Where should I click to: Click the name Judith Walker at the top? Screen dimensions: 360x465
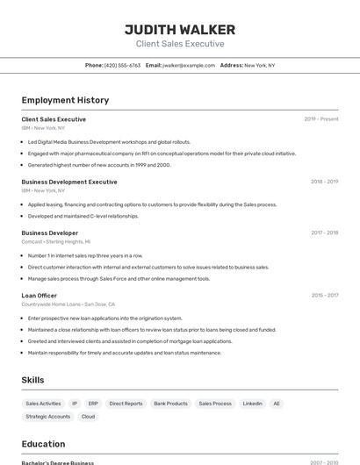tap(180, 28)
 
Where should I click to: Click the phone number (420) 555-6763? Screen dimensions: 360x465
tap(122, 65)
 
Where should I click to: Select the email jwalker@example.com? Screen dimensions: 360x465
tap(188, 65)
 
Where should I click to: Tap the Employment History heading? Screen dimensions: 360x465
tap(65, 100)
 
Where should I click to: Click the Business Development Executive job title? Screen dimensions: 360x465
tap(69, 182)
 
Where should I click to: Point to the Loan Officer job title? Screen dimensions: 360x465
tap(40, 296)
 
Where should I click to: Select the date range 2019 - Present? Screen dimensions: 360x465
tap(321, 119)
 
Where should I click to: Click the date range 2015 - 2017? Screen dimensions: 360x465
tap(325, 296)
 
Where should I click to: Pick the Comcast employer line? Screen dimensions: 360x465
tap(56, 241)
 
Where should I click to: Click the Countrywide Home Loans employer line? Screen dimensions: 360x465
tap(68, 304)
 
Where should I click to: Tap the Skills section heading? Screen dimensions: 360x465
tap(32, 380)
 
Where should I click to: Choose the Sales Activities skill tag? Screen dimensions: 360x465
tap(44, 404)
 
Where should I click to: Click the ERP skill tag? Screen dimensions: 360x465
tap(93, 404)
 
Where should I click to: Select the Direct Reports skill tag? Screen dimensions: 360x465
tap(126, 404)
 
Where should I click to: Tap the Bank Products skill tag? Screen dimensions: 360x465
tap(170, 404)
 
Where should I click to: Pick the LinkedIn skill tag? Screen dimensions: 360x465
tap(252, 404)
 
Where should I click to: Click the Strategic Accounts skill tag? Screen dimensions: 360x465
tap(48, 417)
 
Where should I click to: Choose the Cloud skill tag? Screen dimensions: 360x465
tap(88, 417)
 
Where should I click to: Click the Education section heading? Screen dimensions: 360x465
tap(43, 444)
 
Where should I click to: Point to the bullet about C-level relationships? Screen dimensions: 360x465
tap(83, 216)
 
